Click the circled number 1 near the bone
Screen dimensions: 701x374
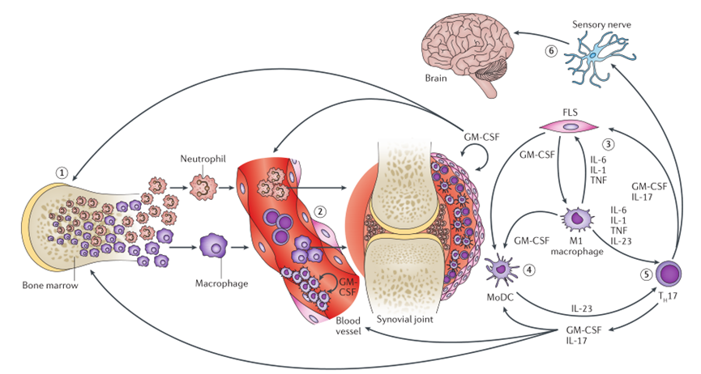click(x=62, y=172)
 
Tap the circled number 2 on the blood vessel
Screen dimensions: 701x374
click(x=319, y=212)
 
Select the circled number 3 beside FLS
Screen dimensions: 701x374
click(x=608, y=144)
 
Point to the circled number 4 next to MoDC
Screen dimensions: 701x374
click(x=528, y=270)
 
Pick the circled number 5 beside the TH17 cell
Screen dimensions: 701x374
click(x=647, y=274)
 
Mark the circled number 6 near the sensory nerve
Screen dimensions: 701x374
click(x=551, y=51)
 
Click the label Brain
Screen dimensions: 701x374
click(x=436, y=79)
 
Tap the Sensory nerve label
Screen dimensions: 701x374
click(x=602, y=24)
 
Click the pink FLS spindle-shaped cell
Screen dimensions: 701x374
click(x=570, y=126)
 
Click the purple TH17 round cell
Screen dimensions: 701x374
click(x=669, y=273)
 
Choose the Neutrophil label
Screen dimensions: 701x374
click(x=203, y=159)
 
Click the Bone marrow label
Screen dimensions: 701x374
click(x=50, y=285)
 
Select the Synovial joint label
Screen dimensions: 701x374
click(x=404, y=320)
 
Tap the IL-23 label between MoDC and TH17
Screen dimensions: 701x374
click(x=581, y=308)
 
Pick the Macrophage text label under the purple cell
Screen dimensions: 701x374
click(x=221, y=283)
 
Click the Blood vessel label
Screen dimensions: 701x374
click(x=348, y=326)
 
